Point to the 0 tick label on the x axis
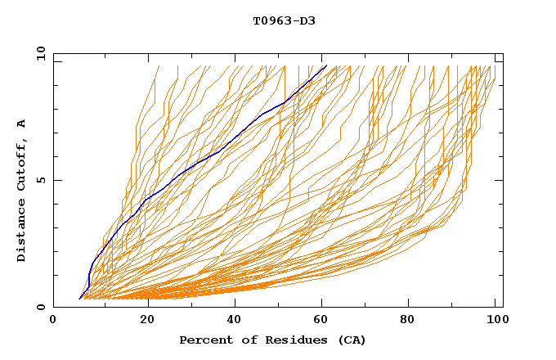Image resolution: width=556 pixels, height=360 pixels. (x=54, y=322)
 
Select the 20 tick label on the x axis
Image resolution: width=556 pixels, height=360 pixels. (x=144, y=322)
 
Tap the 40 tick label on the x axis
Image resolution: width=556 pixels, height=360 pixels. (x=234, y=322)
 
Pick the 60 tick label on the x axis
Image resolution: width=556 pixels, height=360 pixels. (x=324, y=322)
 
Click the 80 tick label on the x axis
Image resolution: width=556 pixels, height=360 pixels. (x=414, y=322)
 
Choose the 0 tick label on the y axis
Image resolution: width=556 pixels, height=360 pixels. (x=41, y=307)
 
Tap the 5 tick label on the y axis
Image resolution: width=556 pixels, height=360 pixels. (x=41, y=180)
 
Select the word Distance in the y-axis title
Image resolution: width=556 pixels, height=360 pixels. (x=21, y=232)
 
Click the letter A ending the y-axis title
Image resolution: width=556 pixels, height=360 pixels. (x=21, y=123)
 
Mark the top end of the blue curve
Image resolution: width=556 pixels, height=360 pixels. (x=326, y=65)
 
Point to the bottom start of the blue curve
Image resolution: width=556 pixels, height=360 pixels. (x=79, y=299)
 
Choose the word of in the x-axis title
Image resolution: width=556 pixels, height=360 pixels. (x=245, y=340)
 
